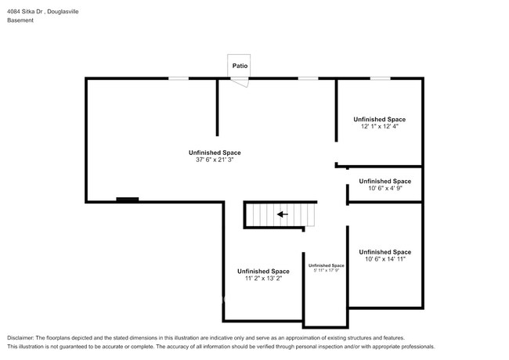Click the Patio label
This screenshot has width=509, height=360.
[x=240, y=66]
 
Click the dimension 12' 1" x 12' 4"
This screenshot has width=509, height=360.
[x=379, y=126]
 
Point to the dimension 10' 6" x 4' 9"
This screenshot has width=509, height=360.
[x=384, y=188]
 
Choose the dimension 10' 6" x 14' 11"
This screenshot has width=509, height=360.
[x=384, y=259]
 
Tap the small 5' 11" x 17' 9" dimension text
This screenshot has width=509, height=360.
[x=326, y=271]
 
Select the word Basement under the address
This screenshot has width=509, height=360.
[x=20, y=21]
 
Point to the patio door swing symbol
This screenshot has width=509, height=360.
[x=240, y=81]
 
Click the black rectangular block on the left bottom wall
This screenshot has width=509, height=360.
[x=127, y=200]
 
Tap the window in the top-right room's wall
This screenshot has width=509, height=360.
[x=380, y=77]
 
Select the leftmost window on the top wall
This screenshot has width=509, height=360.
[x=179, y=77]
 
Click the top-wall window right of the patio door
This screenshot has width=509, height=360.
[x=308, y=77]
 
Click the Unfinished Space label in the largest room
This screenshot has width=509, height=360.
[x=214, y=152]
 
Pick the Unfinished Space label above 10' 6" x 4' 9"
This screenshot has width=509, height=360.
[x=384, y=181]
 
